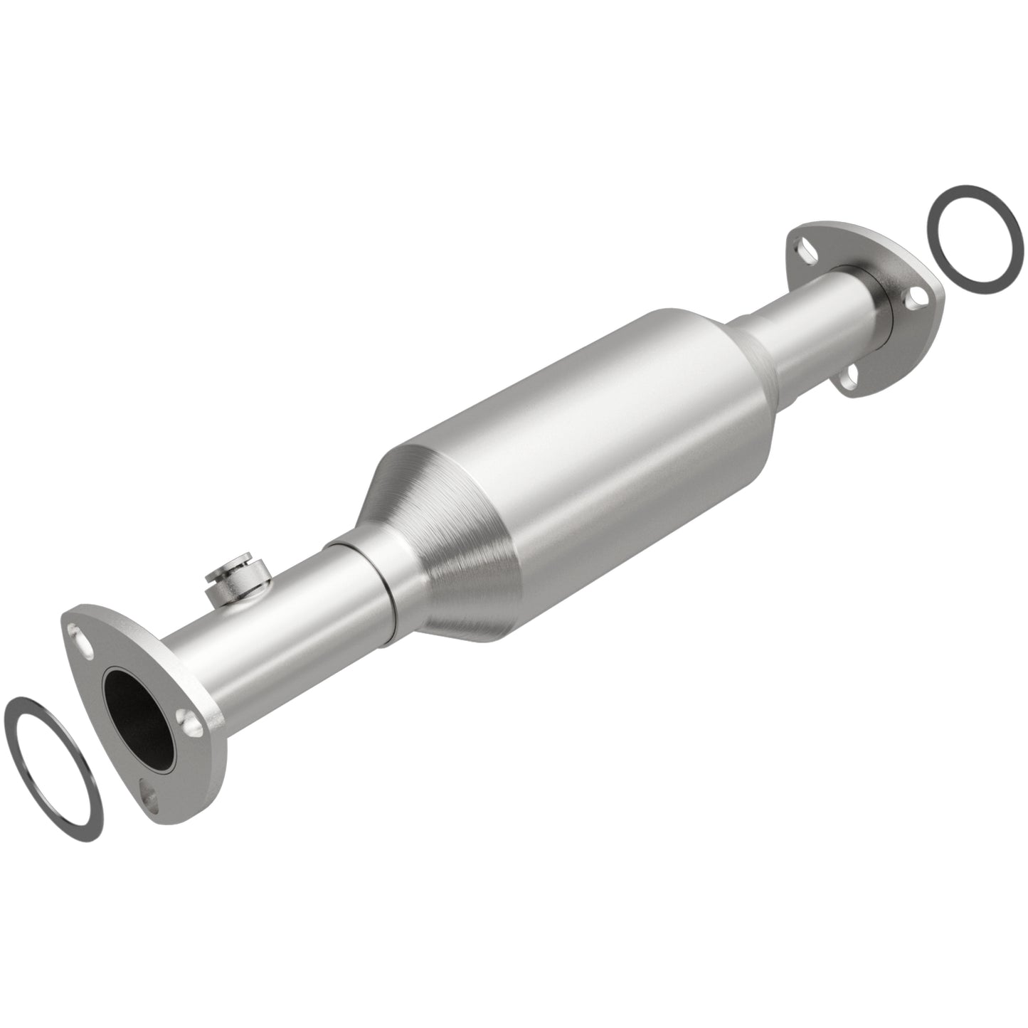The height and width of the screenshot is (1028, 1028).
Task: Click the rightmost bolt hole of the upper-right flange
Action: point(918,296)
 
